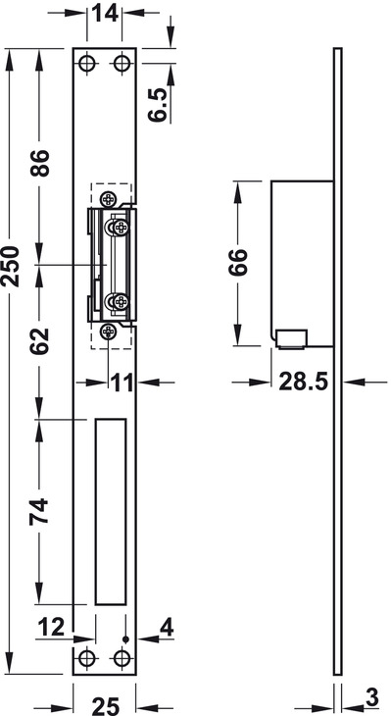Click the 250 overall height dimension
11,266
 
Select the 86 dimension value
39,164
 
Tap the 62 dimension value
39,341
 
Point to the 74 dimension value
39,511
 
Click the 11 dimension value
122,383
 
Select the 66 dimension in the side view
238,262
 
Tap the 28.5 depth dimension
304,383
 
